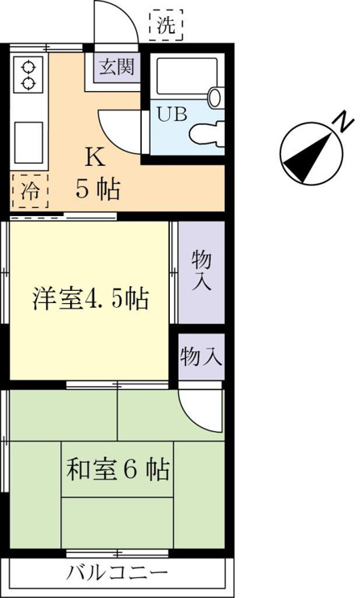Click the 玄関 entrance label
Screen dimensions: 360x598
pyautogui.click(x=117, y=67)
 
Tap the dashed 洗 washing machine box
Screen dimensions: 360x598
pyautogui.click(x=166, y=25)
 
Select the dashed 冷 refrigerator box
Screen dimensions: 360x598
pyautogui.click(x=29, y=191)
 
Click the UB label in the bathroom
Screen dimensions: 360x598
pyautogui.click(x=172, y=114)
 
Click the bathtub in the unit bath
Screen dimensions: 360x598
pyautogui.click(x=187, y=77)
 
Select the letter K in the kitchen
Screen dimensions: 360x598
pyautogui.click(x=94, y=157)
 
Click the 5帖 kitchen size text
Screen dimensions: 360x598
pyautogui.click(x=98, y=189)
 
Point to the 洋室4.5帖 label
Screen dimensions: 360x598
pyautogui.click(x=90, y=299)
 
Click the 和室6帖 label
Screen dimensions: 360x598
pyautogui.click(x=118, y=470)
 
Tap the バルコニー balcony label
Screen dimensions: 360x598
pyautogui.click(x=118, y=572)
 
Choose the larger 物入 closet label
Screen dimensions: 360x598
pyautogui.click(x=201, y=271)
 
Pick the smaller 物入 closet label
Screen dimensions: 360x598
pyautogui.click(x=201, y=357)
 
